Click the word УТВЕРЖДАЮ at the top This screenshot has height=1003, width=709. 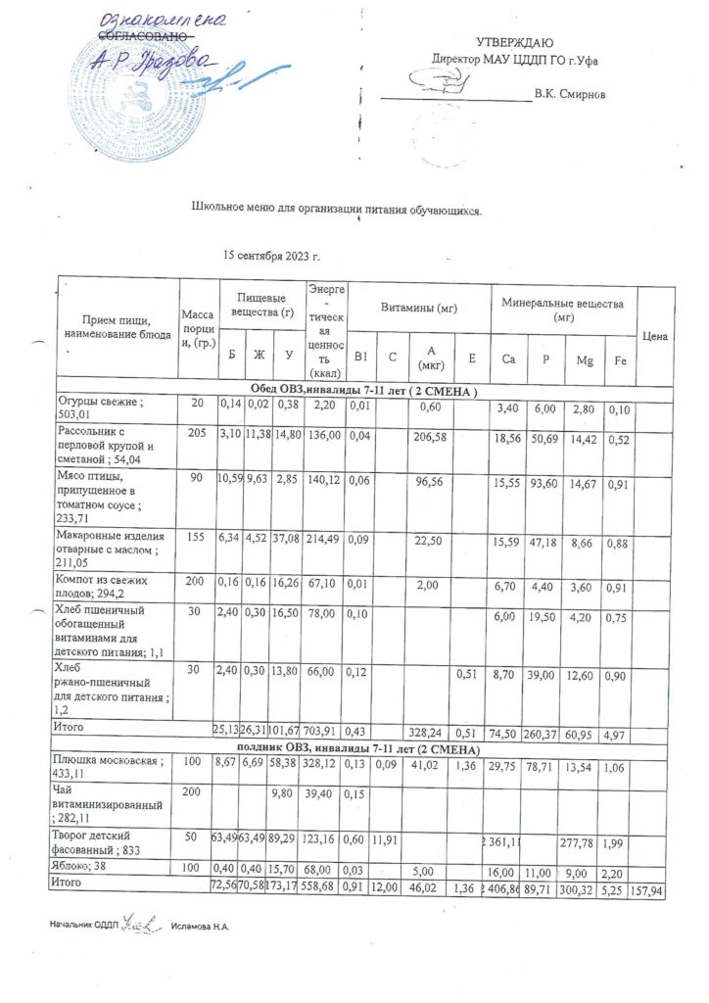point(514,42)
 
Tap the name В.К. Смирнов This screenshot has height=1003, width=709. point(569,95)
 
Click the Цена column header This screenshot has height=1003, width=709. point(655,336)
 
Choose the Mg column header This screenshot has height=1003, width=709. point(584,359)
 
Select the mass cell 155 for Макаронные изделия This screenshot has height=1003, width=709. point(192,538)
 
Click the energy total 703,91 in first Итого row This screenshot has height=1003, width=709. point(326,732)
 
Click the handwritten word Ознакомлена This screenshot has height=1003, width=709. point(162,21)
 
